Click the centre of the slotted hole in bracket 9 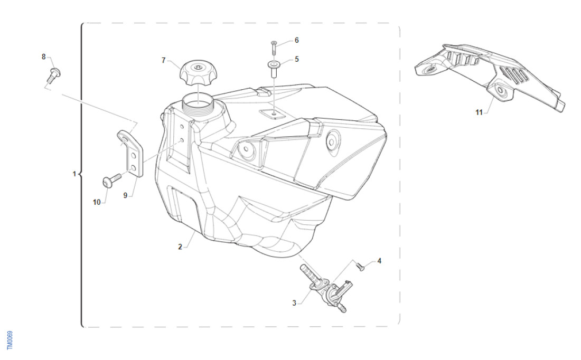coord(125,138)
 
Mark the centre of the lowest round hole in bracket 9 coord(133,169)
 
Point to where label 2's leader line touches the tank coord(195,233)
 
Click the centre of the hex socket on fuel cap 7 coord(198,67)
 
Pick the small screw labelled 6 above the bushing coord(273,46)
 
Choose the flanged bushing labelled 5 coord(274,69)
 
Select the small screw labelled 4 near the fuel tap coord(360,266)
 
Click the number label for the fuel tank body coord(180,247)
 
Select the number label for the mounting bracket coord(125,195)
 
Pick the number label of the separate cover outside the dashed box coord(479,112)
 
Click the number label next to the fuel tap coord(294,303)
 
